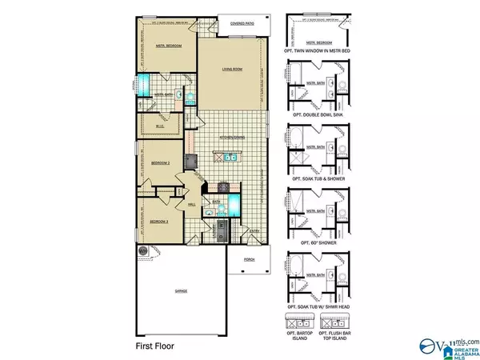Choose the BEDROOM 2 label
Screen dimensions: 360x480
pyautogui.click(x=161, y=162)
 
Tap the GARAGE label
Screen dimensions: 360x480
pyautogui.click(x=182, y=291)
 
